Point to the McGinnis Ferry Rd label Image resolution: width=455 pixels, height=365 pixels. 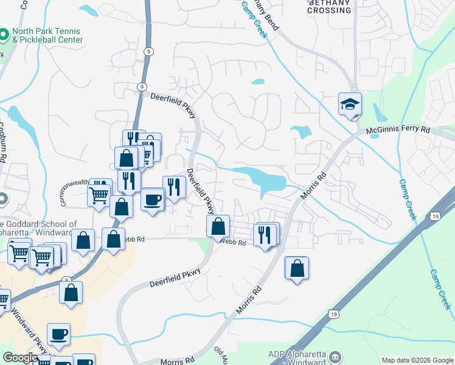(398, 130)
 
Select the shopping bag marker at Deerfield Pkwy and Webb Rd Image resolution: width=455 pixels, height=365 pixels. (218, 227)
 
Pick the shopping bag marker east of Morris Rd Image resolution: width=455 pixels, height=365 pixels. (297, 268)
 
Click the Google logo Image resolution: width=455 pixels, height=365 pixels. (20, 358)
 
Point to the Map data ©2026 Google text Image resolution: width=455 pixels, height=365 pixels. (416, 360)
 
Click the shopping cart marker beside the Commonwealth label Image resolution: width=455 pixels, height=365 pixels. (99, 196)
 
